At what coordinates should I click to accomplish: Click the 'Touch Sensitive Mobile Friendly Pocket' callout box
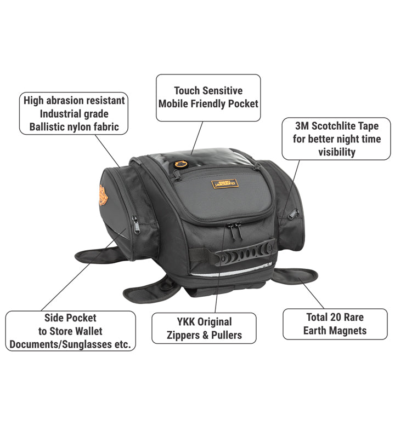pyautogui.click(x=208, y=98)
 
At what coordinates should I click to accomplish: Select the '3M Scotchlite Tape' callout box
pyautogui.click(x=336, y=139)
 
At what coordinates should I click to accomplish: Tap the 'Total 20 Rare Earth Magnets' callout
pyautogui.click(x=335, y=324)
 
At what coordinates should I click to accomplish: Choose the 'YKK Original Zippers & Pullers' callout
pyautogui.click(x=204, y=328)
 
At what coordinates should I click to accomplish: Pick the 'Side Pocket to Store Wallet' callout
pyautogui.click(x=71, y=331)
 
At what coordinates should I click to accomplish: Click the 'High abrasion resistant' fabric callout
pyautogui.click(x=74, y=113)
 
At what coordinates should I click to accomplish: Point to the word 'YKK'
pyautogui.click(x=185, y=321)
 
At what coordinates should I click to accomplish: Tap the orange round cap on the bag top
pyautogui.click(x=180, y=164)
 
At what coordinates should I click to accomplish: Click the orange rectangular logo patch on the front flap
pyautogui.click(x=224, y=183)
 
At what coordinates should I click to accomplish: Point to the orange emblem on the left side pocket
pyautogui.click(x=103, y=195)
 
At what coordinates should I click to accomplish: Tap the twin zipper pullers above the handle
pyautogui.click(x=234, y=230)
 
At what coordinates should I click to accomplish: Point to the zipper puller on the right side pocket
pyautogui.click(x=292, y=214)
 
